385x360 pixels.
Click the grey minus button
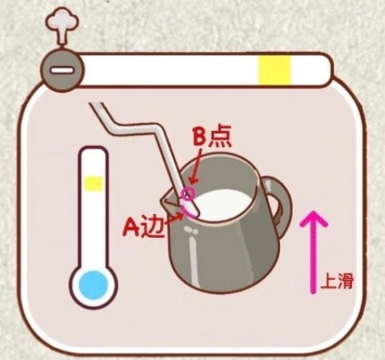coord(62,70)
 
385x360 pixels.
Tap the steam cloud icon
coord(62,26)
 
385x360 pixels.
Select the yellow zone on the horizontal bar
coord(274,70)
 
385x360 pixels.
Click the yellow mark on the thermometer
coord(94,184)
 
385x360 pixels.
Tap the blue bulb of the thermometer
coord(93,285)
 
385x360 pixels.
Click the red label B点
coord(212,137)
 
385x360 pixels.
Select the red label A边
coord(143,226)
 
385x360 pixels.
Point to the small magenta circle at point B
coord(188,194)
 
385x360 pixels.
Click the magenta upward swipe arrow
coord(313,252)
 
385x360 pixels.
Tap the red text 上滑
coord(337,282)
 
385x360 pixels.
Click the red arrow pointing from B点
coord(196,166)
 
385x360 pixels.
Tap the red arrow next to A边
coord(173,219)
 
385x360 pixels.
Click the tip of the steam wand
coord(195,214)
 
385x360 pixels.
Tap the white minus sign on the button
coord(62,71)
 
